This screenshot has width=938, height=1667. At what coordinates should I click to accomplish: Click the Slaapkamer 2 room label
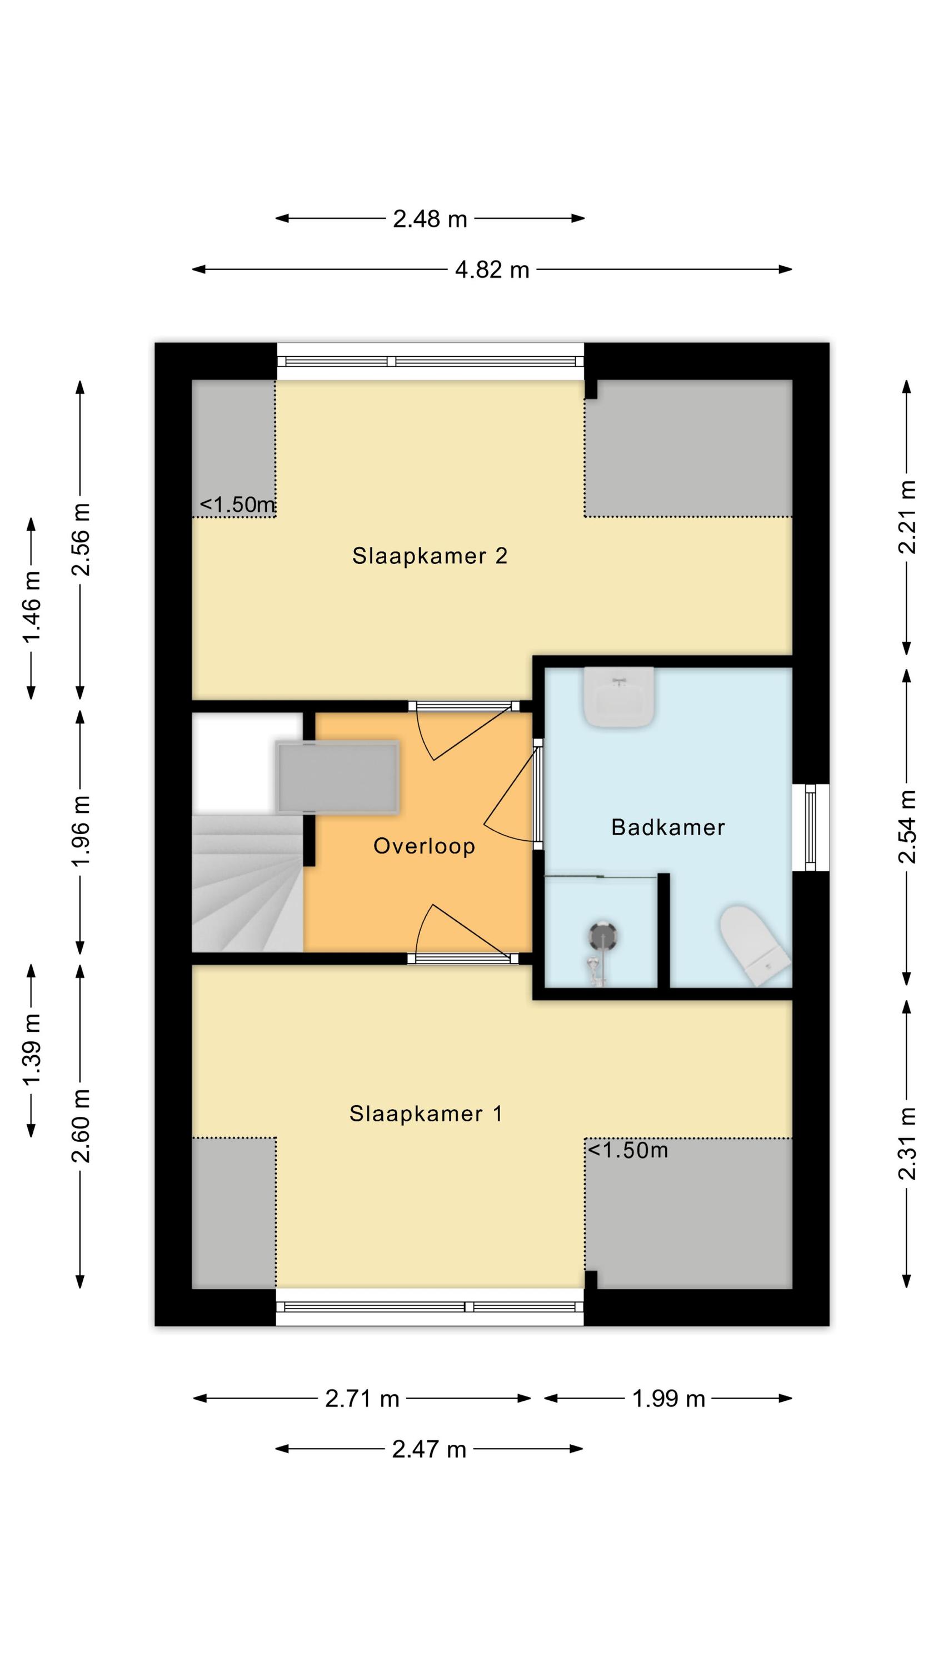tap(429, 556)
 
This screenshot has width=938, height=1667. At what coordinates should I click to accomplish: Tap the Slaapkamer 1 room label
tap(426, 1114)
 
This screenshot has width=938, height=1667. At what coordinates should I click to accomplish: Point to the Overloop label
tap(424, 846)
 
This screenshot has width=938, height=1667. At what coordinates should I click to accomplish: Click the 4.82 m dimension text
tap(492, 270)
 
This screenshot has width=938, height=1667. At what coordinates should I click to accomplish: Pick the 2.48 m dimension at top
tap(430, 219)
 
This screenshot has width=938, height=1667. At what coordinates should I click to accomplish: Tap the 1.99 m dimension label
tap(668, 1399)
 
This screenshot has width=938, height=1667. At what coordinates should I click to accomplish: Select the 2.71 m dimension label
tap(362, 1399)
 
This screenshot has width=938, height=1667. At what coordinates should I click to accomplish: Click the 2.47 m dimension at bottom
tap(429, 1449)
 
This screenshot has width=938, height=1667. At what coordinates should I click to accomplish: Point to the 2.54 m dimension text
tap(907, 827)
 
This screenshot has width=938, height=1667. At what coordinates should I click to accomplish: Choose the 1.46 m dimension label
tap(32, 608)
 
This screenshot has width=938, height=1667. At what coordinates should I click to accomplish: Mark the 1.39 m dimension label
tap(32, 1049)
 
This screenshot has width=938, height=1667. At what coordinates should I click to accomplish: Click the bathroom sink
tap(619, 696)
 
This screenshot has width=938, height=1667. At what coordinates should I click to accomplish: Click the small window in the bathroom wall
tap(811, 828)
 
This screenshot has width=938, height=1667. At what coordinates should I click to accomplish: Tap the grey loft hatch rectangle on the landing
tap(337, 777)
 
